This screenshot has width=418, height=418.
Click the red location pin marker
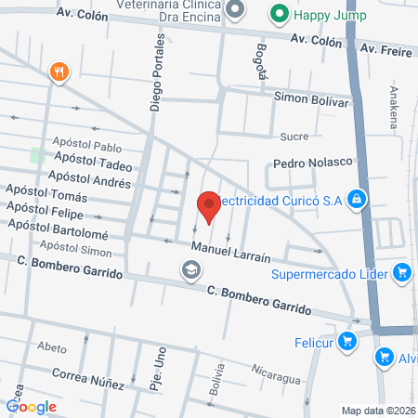tap(209, 204)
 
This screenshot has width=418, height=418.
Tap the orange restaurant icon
tap(60, 72)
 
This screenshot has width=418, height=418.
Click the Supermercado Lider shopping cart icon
tap(402, 272)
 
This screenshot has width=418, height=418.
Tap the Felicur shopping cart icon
tap(347, 341)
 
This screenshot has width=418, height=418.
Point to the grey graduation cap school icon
tap(190, 269)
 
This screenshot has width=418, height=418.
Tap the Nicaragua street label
tap(275, 379)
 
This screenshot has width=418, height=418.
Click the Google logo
tap(32, 406)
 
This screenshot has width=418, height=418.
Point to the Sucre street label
tap(294, 137)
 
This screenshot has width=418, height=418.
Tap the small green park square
tap(38, 154)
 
